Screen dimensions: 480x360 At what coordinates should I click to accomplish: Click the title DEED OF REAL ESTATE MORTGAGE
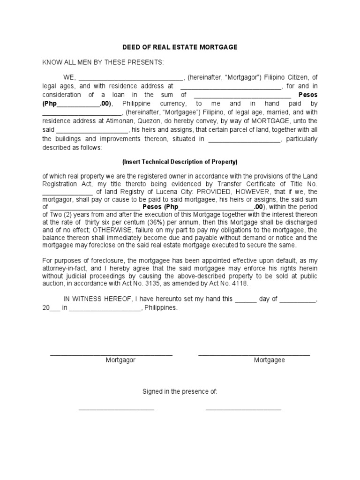click(x=180, y=47)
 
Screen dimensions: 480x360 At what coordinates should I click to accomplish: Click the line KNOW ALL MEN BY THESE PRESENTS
click(x=103, y=62)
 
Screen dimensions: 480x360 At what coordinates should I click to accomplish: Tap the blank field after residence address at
click(x=230, y=87)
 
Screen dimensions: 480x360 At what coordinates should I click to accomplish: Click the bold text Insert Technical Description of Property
click(x=180, y=162)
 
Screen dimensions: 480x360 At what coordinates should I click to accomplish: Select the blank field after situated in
click(x=244, y=139)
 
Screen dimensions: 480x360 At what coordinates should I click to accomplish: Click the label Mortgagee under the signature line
click(x=269, y=360)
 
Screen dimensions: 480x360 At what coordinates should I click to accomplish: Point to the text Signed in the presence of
click(x=180, y=391)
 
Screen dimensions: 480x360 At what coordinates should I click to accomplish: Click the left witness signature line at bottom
click(x=116, y=410)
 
